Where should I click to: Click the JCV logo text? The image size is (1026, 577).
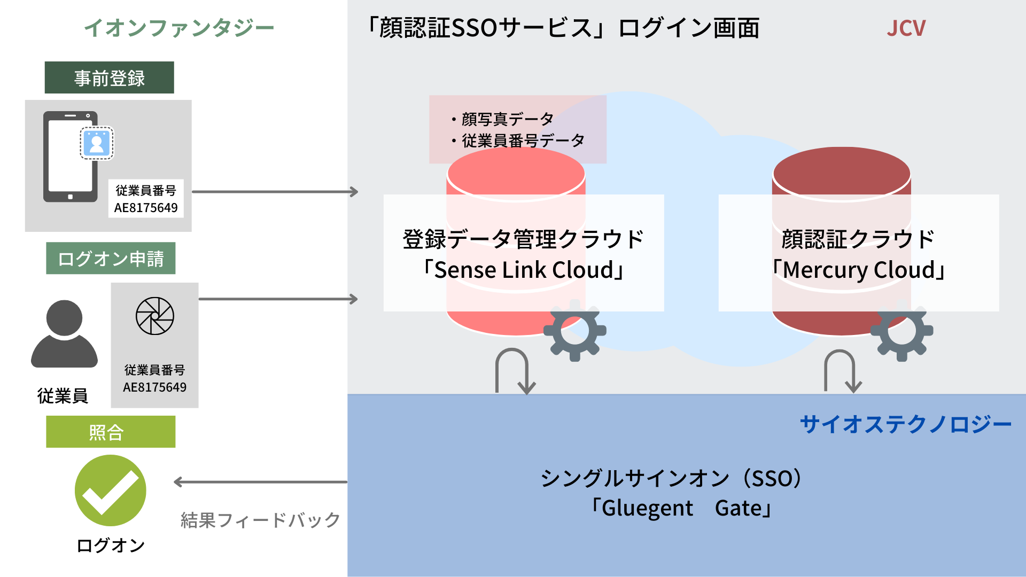point(906,28)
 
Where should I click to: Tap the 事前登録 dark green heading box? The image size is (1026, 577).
point(109,77)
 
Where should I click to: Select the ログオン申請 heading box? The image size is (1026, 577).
point(111,259)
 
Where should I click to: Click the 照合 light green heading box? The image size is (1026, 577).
point(111,432)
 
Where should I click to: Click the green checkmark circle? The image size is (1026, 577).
point(111,490)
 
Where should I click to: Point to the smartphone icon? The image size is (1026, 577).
point(70,157)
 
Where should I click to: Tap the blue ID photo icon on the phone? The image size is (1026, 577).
point(97,143)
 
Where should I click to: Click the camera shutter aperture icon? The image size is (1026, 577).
point(155,316)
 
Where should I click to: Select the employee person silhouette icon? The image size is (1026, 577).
point(64,334)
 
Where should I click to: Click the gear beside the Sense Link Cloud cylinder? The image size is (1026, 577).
point(575,330)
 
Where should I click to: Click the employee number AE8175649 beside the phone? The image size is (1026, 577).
point(146,208)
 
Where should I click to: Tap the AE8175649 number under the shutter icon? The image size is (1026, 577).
point(155,387)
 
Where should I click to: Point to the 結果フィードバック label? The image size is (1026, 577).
point(260,520)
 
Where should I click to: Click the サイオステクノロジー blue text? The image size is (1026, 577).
point(905,425)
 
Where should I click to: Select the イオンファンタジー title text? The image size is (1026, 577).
point(179,28)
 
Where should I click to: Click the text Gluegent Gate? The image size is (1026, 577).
point(681,508)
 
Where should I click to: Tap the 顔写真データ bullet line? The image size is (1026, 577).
point(502,119)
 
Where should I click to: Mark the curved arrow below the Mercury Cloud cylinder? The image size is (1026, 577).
point(841,371)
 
